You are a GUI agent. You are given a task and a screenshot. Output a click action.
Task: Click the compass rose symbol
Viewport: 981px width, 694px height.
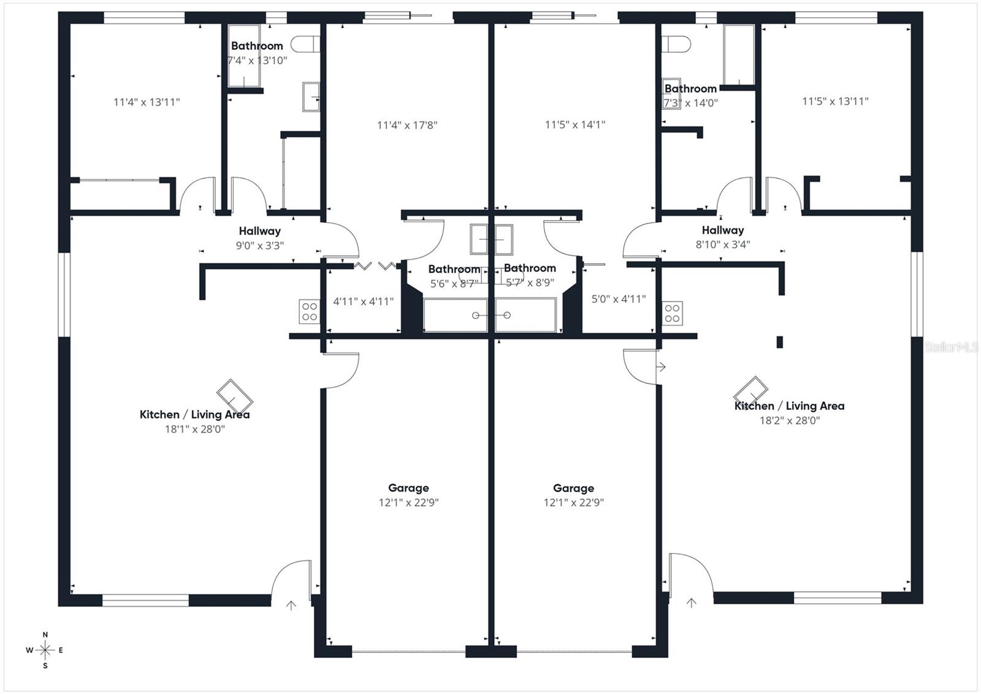coord(45,650)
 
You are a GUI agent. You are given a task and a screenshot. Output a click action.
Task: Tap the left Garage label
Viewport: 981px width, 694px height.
coord(408,488)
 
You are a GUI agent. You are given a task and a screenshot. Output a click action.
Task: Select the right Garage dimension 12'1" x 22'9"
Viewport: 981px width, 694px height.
coord(573,503)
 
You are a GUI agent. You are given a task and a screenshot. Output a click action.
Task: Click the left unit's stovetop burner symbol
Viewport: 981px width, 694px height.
coord(310,311)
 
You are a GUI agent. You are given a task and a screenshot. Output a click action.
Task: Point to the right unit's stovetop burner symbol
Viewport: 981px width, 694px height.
coord(672,313)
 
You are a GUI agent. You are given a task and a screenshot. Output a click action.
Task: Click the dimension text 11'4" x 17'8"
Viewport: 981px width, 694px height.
coord(407,125)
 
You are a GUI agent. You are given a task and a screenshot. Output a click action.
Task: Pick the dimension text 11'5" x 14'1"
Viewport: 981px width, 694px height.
coord(574,125)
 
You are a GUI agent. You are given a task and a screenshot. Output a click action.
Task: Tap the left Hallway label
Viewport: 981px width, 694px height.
coord(260,231)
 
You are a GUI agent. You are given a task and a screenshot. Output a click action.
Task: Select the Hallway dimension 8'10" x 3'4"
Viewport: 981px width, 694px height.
coord(723,245)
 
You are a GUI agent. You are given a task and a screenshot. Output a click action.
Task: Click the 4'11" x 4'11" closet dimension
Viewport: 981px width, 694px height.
coord(363,302)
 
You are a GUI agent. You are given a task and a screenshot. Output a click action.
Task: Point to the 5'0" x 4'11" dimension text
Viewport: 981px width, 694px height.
coord(619,299)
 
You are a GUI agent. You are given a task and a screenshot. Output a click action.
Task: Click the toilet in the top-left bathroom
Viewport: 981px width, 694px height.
coord(305,44)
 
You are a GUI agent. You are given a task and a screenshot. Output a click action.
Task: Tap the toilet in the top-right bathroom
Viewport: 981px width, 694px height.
coord(676,44)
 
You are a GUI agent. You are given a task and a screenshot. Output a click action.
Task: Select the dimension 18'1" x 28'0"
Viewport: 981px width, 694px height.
coord(195,429)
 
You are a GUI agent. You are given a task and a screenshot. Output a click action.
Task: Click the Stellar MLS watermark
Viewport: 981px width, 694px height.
coord(951,347)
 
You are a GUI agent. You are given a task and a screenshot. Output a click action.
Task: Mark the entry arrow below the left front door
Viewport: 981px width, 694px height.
coord(291,605)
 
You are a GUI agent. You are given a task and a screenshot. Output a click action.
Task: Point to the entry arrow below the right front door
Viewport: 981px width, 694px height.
coord(691,603)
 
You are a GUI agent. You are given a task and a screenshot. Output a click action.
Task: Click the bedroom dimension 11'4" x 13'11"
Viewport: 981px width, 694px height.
coord(147,102)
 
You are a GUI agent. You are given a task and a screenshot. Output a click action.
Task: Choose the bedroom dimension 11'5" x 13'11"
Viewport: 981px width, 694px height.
coord(835,102)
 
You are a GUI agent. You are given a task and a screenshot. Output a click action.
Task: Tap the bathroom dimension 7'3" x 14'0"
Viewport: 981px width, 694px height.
coord(690,103)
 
